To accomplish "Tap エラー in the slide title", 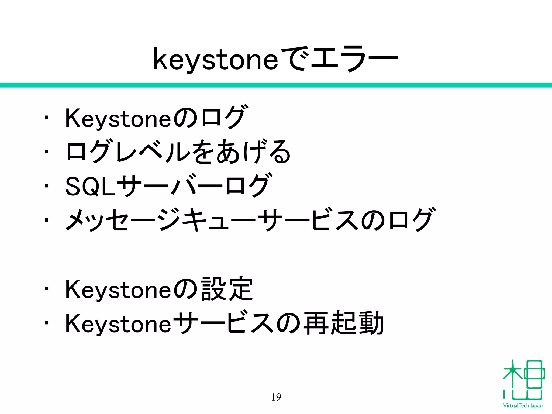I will (354, 59).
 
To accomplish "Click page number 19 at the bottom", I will (276, 397).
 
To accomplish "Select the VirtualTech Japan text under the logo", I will (523, 406).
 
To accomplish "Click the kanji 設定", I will (227, 289).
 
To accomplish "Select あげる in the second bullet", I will (253, 152).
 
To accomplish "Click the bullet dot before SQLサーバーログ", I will (47, 186).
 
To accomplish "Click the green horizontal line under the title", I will (276, 85).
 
